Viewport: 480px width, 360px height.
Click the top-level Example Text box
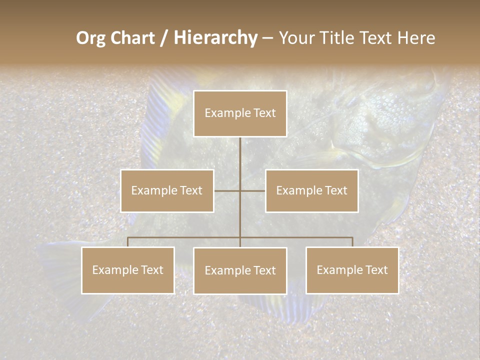(240, 113)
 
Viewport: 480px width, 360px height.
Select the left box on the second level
(167, 190)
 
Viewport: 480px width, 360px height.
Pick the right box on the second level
(311, 190)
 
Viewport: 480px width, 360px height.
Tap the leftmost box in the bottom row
(127, 270)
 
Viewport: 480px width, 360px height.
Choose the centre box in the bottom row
(240, 270)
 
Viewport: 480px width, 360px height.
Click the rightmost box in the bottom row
(352, 270)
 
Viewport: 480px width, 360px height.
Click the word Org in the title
(90, 38)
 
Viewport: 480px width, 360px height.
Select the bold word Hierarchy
(215, 38)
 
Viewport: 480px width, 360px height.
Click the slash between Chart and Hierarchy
(164, 38)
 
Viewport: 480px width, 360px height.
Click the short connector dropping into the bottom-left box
(128, 242)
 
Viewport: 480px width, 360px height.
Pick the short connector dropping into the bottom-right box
(352, 242)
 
